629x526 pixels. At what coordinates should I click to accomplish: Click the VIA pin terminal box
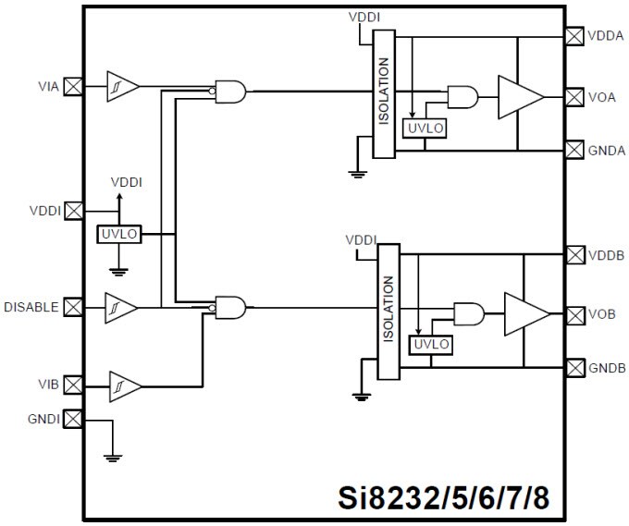[x=72, y=87]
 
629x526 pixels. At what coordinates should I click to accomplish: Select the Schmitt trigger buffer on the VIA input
[x=122, y=86]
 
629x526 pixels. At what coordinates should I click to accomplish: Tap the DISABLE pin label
[x=31, y=306]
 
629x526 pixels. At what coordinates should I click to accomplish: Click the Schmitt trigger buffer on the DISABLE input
[x=122, y=305]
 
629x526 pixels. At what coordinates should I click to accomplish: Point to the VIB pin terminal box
[x=72, y=384]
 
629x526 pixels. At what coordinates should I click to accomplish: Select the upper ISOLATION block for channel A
[x=384, y=92]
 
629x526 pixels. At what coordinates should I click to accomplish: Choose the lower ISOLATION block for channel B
[x=388, y=311]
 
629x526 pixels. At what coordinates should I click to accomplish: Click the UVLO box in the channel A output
[x=425, y=128]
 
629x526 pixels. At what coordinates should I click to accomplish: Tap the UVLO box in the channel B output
[x=431, y=345]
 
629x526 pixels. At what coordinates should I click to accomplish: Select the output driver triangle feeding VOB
[x=526, y=314]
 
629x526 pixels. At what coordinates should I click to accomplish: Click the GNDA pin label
[x=608, y=149]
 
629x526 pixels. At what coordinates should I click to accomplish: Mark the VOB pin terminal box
[x=573, y=314]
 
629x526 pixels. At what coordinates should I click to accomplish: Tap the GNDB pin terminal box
[x=573, y=367]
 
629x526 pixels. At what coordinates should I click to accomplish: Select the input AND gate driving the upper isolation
[x=230, y=91]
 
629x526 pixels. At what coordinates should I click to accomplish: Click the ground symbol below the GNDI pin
[x=112, y=455]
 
